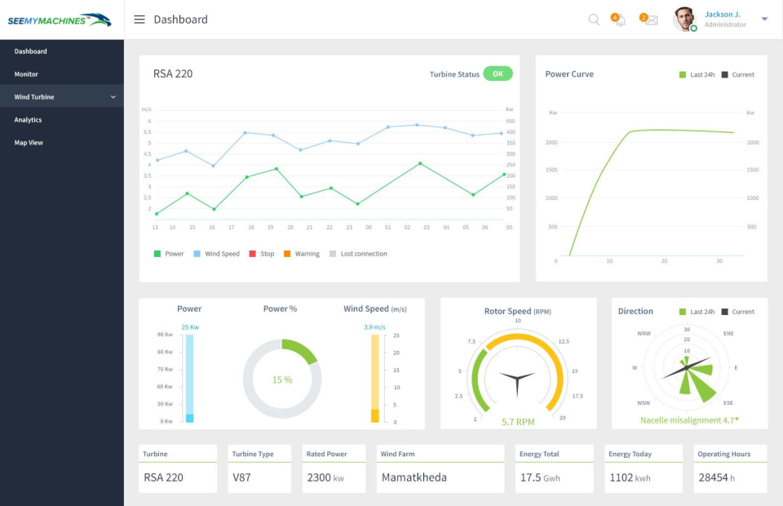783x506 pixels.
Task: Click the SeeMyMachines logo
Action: click(59, 20)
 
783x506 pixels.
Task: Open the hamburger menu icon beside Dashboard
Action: click(139, 20)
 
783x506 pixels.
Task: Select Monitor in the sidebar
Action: click(26, 74)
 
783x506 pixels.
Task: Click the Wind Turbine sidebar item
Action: click(34, 97)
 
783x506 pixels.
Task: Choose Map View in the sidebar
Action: click(29, 143)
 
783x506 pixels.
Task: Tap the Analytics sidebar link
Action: click(28, 120)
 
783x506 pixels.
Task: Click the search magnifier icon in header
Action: click(594, 20)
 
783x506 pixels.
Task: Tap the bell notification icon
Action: click(620, 20)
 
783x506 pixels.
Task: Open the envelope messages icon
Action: click(651, 20)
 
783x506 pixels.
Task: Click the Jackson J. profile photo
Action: click(683, 19)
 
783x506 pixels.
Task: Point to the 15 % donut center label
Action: click(282, 379)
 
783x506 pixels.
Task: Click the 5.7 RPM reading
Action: click(518, 422)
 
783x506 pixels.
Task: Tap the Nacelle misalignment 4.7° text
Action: click(689, 420)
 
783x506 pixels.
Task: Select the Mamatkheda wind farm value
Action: click(414, 477)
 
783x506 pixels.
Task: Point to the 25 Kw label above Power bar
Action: click(190, 327)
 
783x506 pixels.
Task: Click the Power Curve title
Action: click(569, 74)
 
